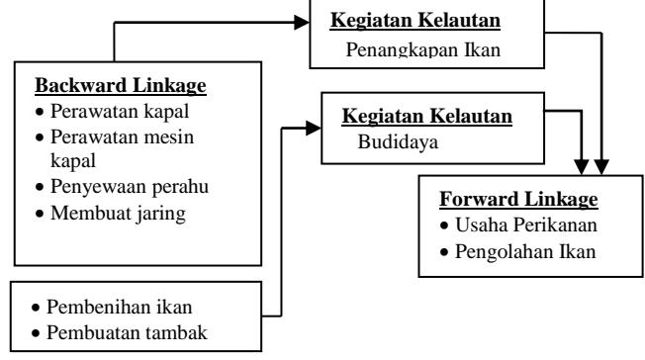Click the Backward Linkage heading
pos(121,86)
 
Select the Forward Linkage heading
pos(518,199)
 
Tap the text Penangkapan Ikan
pos(422,50)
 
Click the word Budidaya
pos(398,142)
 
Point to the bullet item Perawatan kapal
pos(113,111)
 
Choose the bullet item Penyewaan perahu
pos(122,187)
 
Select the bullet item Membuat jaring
pos(111,214)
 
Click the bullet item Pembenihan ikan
pos(112,307)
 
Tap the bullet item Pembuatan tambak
pos(120,333)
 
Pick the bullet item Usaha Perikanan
pos(518,225)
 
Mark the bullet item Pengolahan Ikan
pos(517,252)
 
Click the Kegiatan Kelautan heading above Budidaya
pos(427,116)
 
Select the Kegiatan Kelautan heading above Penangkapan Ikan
pos(415,20)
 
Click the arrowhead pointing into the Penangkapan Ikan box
pos(302,22)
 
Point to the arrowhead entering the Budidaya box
pos(314,128)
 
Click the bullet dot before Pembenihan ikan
pos(36,308)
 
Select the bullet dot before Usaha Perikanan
pos(444,225)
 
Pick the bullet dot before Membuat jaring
pos(40,214)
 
